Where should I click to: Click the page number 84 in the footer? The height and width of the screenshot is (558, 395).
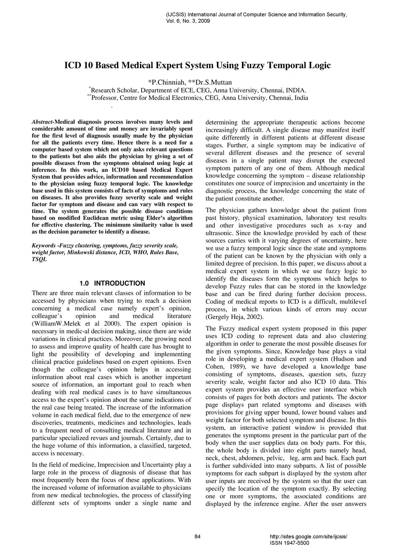pos(197,536)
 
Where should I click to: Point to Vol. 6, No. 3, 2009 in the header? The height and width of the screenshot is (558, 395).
pos(188,21)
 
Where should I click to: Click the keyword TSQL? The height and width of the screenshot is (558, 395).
pos(39,259)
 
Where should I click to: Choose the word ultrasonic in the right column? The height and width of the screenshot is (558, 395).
pos(219,233)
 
